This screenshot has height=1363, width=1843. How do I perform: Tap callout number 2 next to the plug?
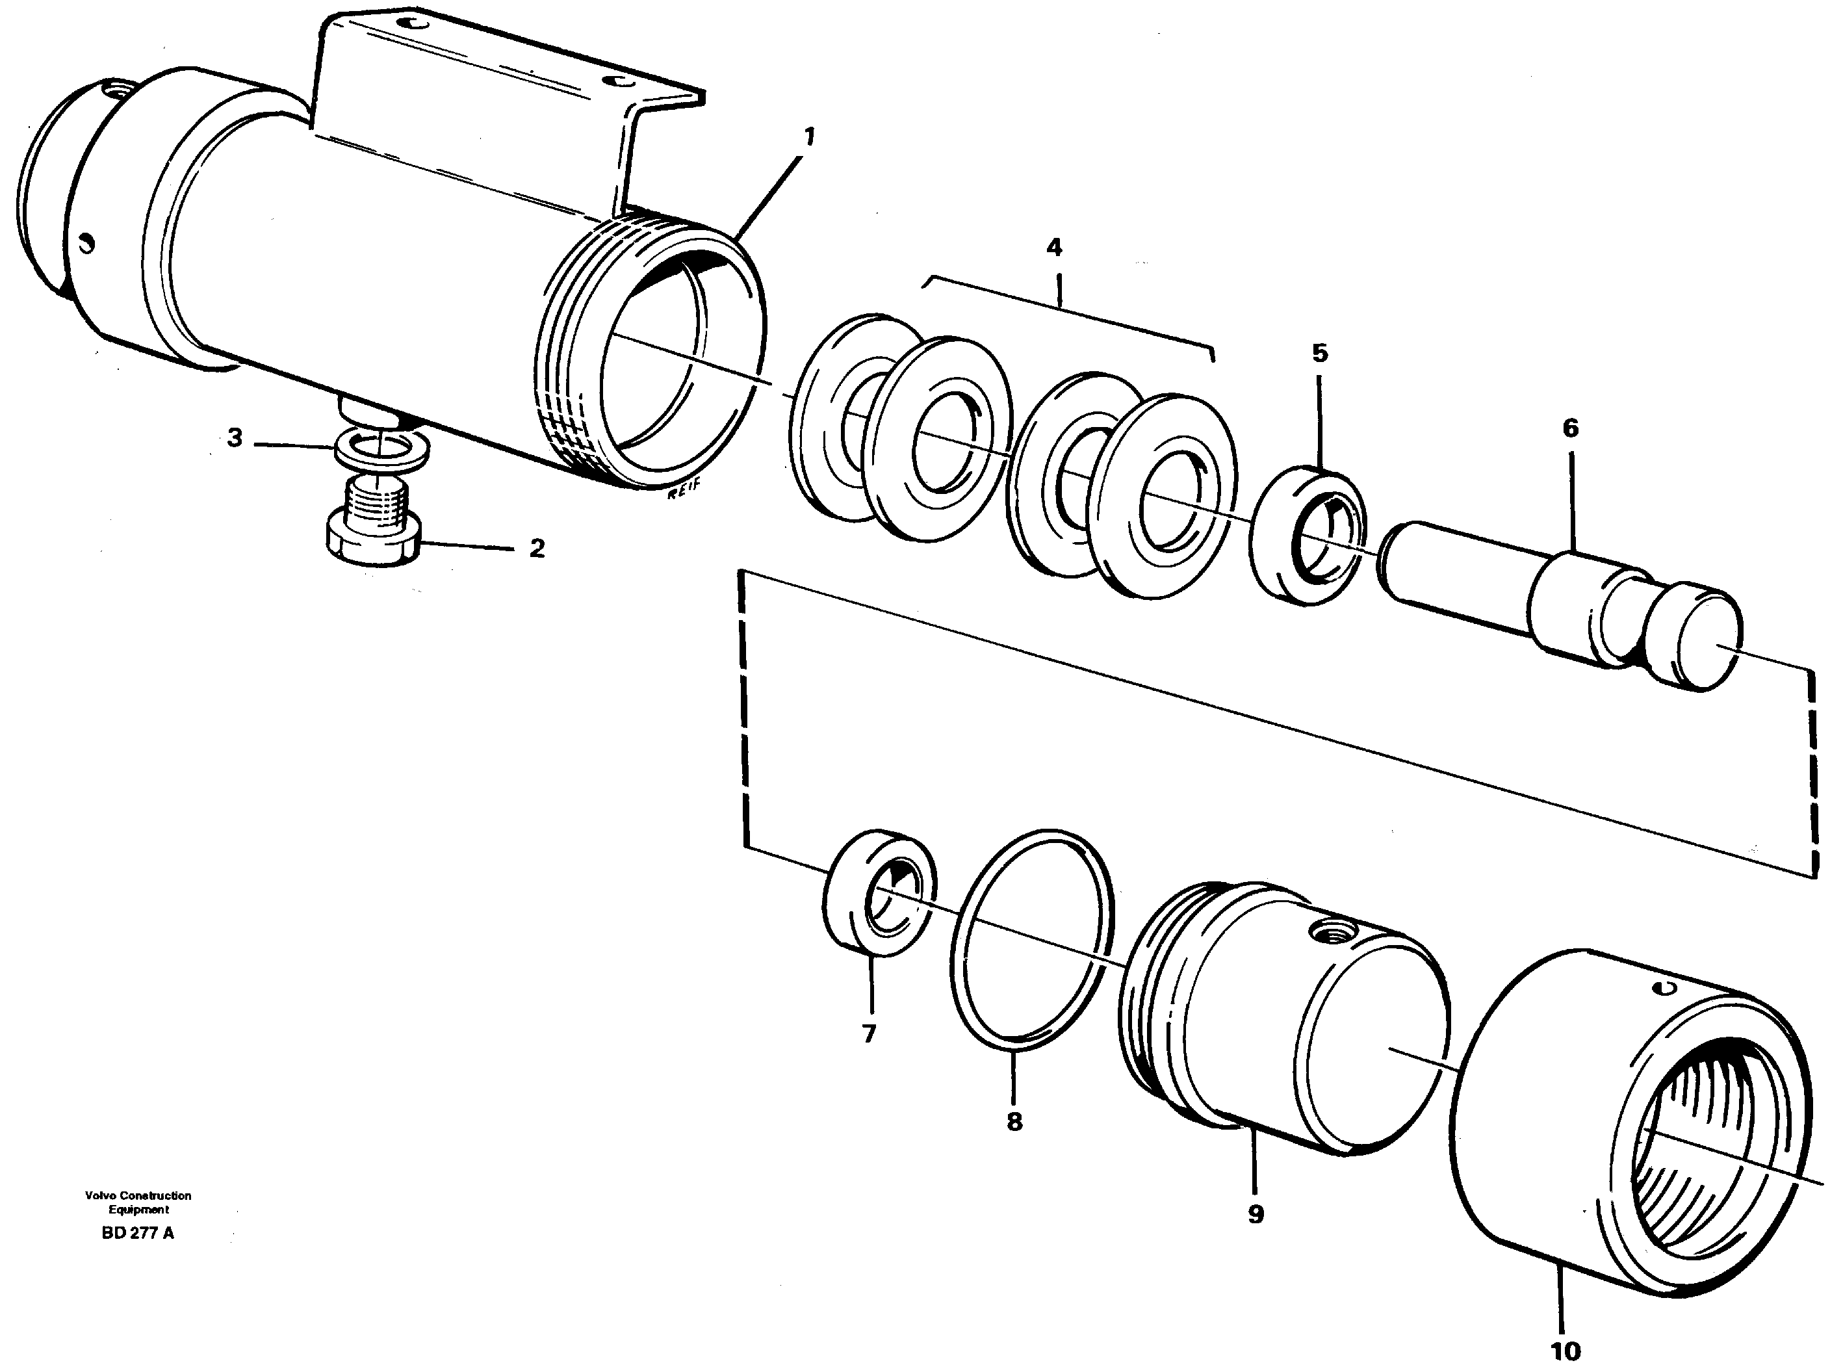click(537, 548)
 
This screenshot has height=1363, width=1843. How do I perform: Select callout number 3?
click(235, 438)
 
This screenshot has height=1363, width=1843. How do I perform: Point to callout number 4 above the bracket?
click(1053, 247)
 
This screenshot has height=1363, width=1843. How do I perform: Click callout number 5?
click(1320, 353)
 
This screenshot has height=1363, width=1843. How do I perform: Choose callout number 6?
click(1570, 428)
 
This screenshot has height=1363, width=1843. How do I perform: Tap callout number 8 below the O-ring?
click(1014, 1121)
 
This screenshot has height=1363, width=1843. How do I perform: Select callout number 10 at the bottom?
click(1565, 1350)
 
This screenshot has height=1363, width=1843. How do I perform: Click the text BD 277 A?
click(138, 1234)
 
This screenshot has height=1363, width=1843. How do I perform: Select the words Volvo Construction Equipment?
click(138, 1202)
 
